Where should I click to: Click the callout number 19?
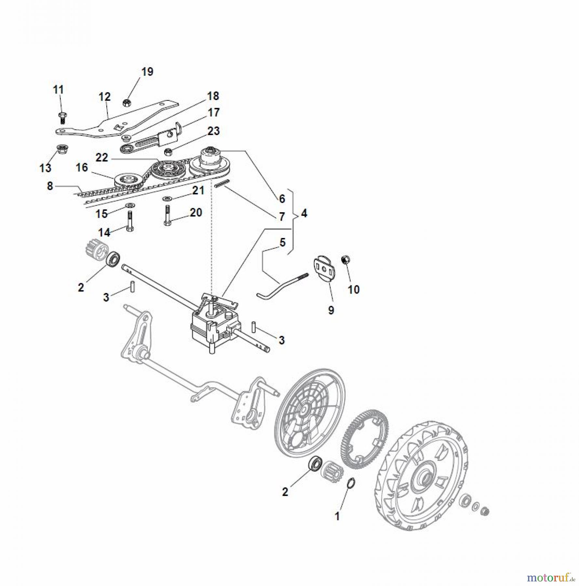(147, 72)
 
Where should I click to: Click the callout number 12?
(104, 97)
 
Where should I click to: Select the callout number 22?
(101, 158)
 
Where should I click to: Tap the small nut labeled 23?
(168, 151)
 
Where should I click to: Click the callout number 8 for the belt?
(50, 186)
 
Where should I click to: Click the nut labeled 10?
(346, 260)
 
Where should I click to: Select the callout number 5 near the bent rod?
(282, 242)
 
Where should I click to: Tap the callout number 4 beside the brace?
(304, 214)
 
